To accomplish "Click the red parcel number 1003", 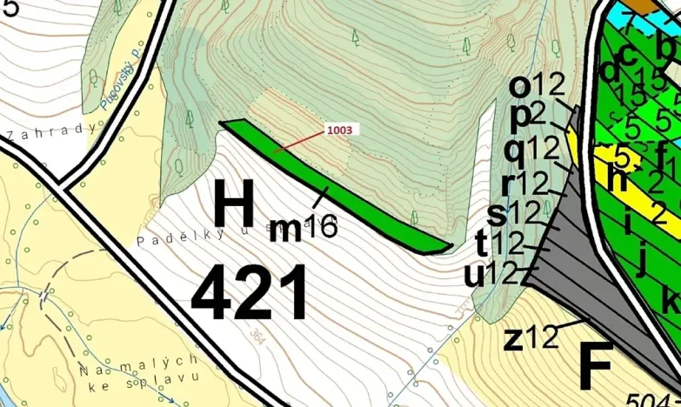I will (x=340, y=130).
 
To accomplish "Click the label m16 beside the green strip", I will (x=301, y=229).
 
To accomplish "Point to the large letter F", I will (x=597, y=365).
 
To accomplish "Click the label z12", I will (x=530, y=338).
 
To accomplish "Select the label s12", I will (x=514, y=212).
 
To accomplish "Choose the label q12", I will (x=531, y=150).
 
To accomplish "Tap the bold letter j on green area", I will (x=643, y=260).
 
